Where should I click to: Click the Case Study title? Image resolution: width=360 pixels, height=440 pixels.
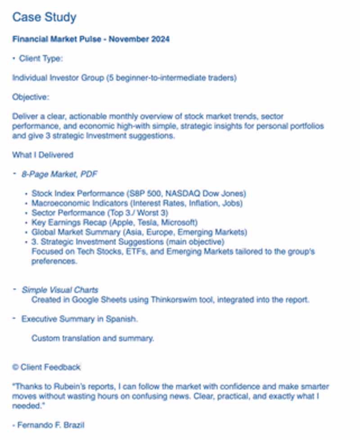pos(44,18)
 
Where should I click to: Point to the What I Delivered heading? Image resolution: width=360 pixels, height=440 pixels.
pos(42,155)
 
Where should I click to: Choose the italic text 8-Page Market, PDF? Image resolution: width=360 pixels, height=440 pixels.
pos(60,174)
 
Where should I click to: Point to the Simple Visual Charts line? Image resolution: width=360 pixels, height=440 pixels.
pos(60,290)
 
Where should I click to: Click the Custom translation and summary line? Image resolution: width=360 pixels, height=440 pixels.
pos(93,338)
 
